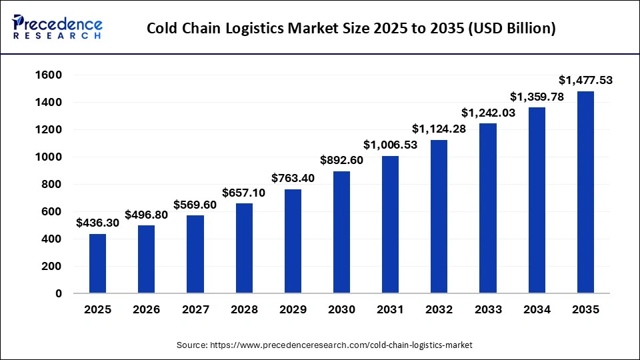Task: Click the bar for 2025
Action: point(98,263)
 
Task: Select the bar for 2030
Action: point(341,232)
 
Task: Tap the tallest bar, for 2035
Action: point(585,192)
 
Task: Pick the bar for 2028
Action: point(244,248)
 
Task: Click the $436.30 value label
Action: point(98,223)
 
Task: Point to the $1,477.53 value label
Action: point(585,81)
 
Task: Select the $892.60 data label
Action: point(341,160)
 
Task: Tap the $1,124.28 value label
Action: point(439,129)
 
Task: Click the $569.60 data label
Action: point(195,205)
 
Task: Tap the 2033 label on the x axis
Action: point(488,310)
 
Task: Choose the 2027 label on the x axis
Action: point(195,310)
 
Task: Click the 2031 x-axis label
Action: point(391,310)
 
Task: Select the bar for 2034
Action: point(537,200)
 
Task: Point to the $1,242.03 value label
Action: point(488,113)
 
